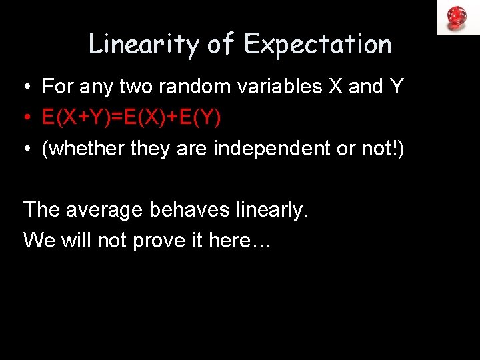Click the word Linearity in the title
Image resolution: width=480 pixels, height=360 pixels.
click(143, 45)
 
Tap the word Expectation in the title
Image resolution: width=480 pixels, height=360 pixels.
click(318, 45)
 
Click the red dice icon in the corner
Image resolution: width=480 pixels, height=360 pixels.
click(457, 17)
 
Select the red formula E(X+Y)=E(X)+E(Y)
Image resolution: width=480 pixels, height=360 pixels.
click(131, 118)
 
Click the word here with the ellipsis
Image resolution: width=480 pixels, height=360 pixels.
click(239, 241)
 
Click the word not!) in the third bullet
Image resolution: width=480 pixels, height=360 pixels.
click(383, 149)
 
